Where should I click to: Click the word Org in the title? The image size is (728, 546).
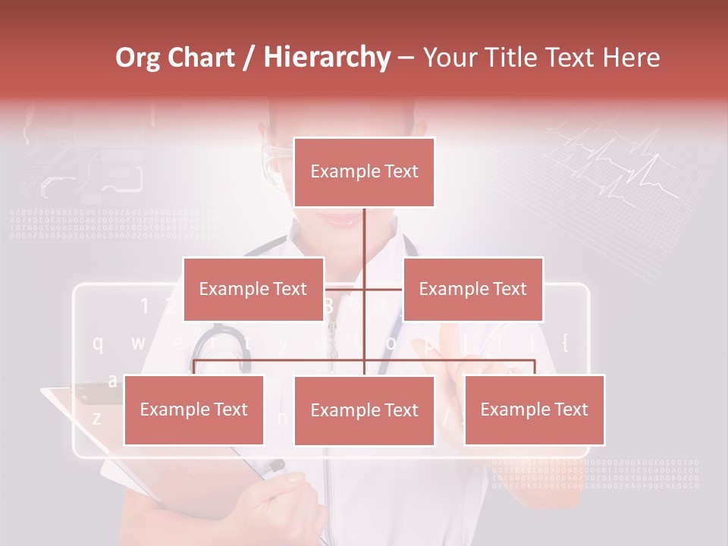(137, 58)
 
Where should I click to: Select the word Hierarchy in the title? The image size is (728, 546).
(327, 58)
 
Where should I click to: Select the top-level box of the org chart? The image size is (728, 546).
(364, 172)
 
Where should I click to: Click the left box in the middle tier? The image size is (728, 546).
(253, 289)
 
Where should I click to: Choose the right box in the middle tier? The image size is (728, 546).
(472, 289)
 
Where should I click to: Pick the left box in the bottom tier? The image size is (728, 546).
(193, 409)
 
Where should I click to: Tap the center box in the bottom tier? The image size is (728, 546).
(364, 410)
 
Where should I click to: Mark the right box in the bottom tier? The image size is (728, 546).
(534, 409)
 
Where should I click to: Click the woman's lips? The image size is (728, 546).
(345, 220)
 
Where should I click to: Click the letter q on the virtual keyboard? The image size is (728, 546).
(98, 344)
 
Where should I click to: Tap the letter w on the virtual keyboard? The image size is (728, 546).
(138, 343)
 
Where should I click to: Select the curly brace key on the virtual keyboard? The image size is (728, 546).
(565, 342)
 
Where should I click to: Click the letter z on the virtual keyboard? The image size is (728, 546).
(96, 418)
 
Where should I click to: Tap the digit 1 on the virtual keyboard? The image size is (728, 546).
(144, 306)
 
